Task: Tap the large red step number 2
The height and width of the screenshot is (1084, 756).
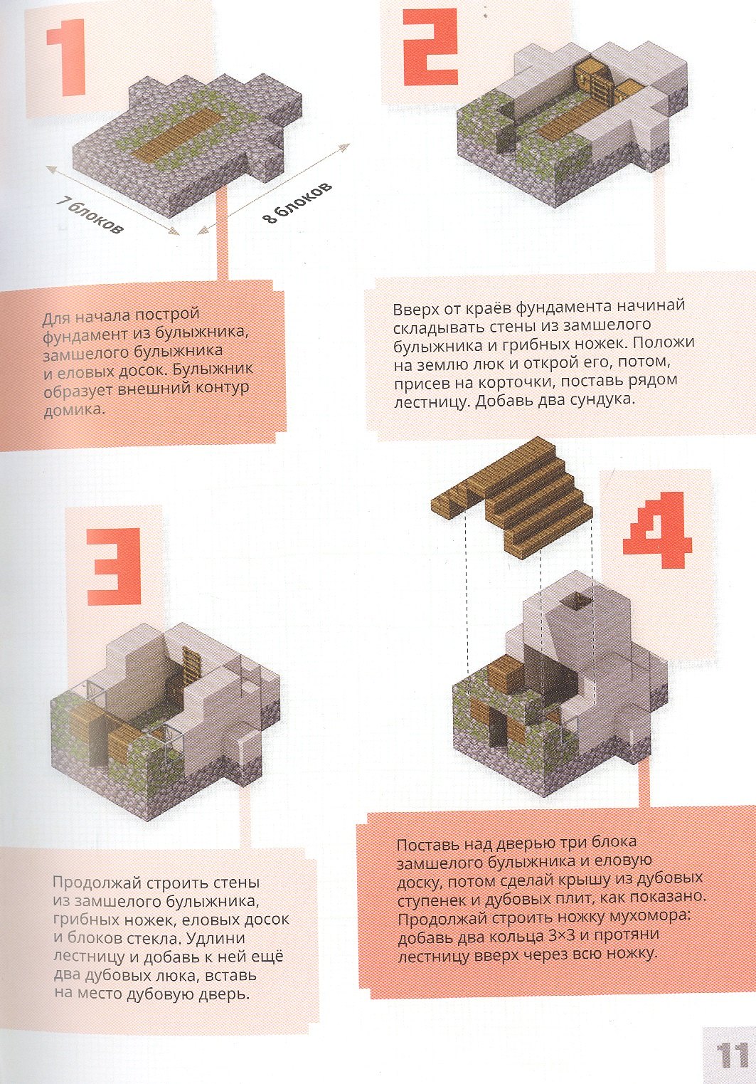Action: click(431, 48)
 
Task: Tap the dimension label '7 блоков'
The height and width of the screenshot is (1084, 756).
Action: click(90, 215)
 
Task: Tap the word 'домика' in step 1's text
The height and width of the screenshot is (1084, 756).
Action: click(73, 411)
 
